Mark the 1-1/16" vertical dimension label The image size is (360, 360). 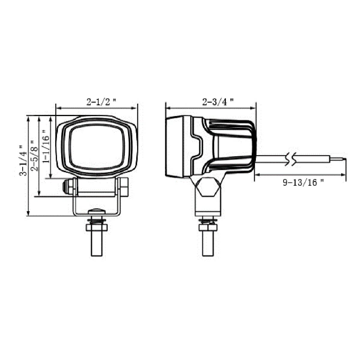pyautogui.click(x=46, y=146)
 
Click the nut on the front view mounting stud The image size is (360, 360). pyautogui.click(x=97, y=228)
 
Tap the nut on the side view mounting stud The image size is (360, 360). pyautogui.click(x=208, y=228)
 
